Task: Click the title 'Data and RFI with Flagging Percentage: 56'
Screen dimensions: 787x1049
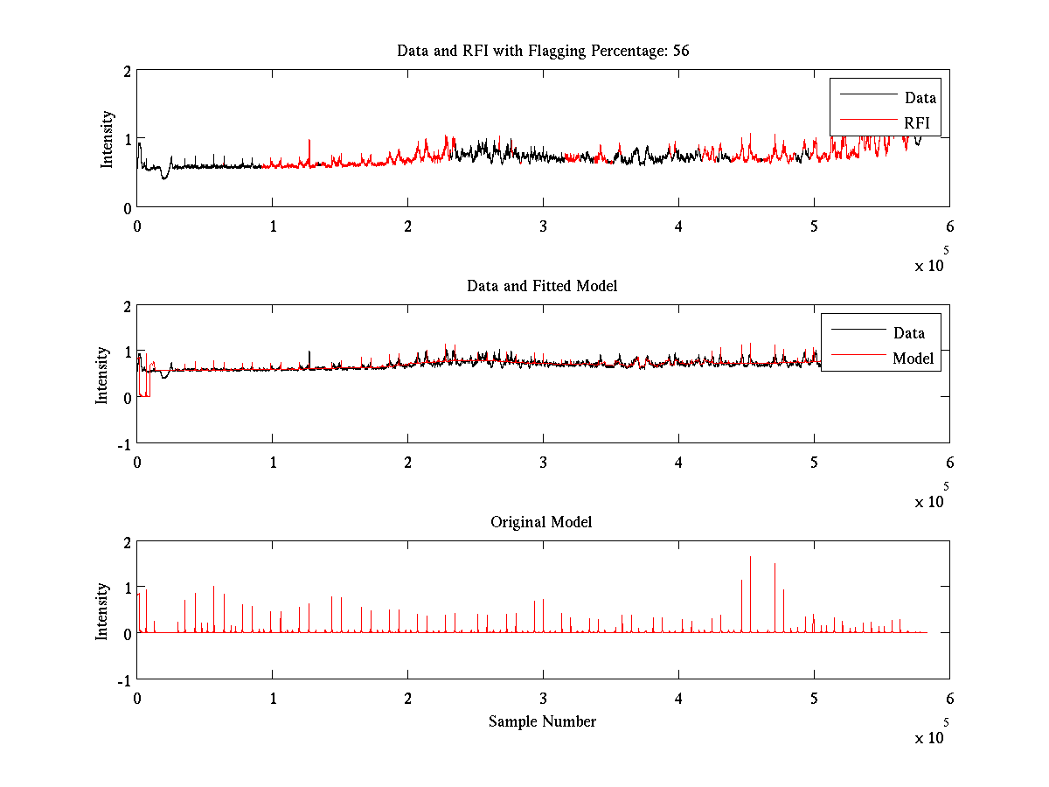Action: pyautogui.click(x=543, y=51)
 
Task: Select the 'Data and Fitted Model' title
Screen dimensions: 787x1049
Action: pyautogui.click(x=543, y=286)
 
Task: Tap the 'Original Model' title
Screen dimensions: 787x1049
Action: pyautogui.click(x=541, y=522)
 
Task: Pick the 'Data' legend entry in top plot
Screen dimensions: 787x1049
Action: pyautogui.click(x=920, y=98)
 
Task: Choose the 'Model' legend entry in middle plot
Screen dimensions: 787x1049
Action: pyautogui.click(x=913, y=358)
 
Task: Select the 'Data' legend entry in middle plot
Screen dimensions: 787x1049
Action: pyautogui.click(x=908, y=332)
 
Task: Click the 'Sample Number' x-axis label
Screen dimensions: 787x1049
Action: pyautogui.click(x=542, y=721)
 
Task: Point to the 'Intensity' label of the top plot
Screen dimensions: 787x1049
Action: pyautogui.click(x=107, y=138)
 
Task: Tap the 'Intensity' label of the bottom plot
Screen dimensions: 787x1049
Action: pyautogui.click(x=101, y=610)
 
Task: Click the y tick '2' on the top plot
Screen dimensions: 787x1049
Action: pyautogui.click(x=128, y=71)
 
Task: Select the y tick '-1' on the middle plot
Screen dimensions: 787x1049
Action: pyautogui.click(x=124, y=443)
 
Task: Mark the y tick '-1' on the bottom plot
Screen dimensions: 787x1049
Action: pyautogui.click(x=124, y=679)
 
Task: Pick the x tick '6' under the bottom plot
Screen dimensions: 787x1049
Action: pyautogui.click(x=949, y=699)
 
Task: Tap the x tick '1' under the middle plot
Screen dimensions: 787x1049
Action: pyautogui.click(x=273, y=463)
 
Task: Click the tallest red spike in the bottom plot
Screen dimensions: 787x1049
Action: pyautogui.click(x=750, y=557)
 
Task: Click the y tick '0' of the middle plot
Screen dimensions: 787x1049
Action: pyautogui.click(x=128, y=397)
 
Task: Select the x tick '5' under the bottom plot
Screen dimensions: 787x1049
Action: pyautogui.click(x=814, y=699)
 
